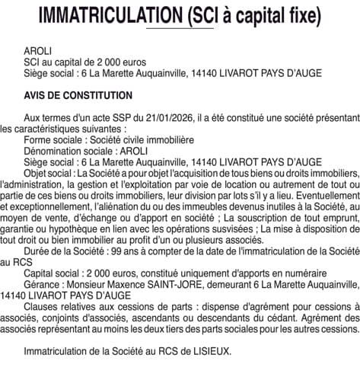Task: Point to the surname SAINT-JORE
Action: (x=183, y=294)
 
